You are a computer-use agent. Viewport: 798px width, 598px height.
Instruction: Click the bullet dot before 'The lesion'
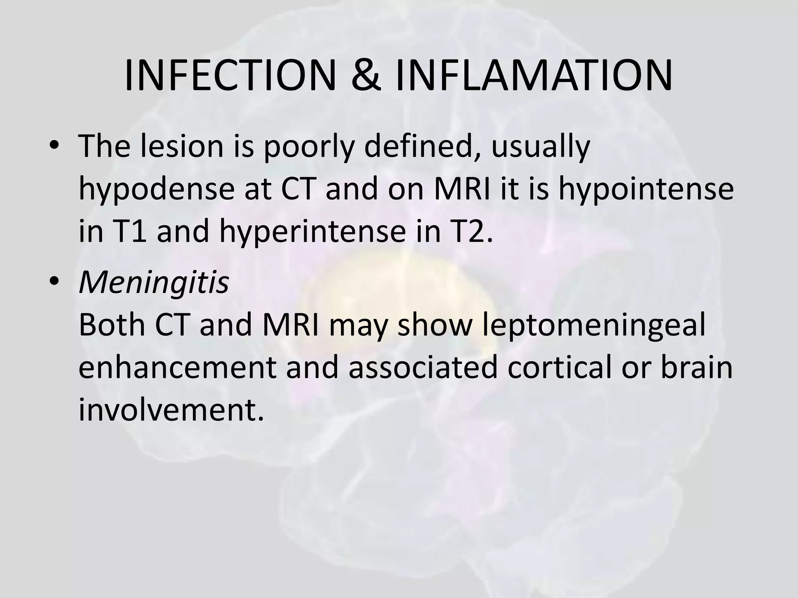tap(54, 146)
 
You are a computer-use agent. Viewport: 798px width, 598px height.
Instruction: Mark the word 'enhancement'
tap(177, 368)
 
